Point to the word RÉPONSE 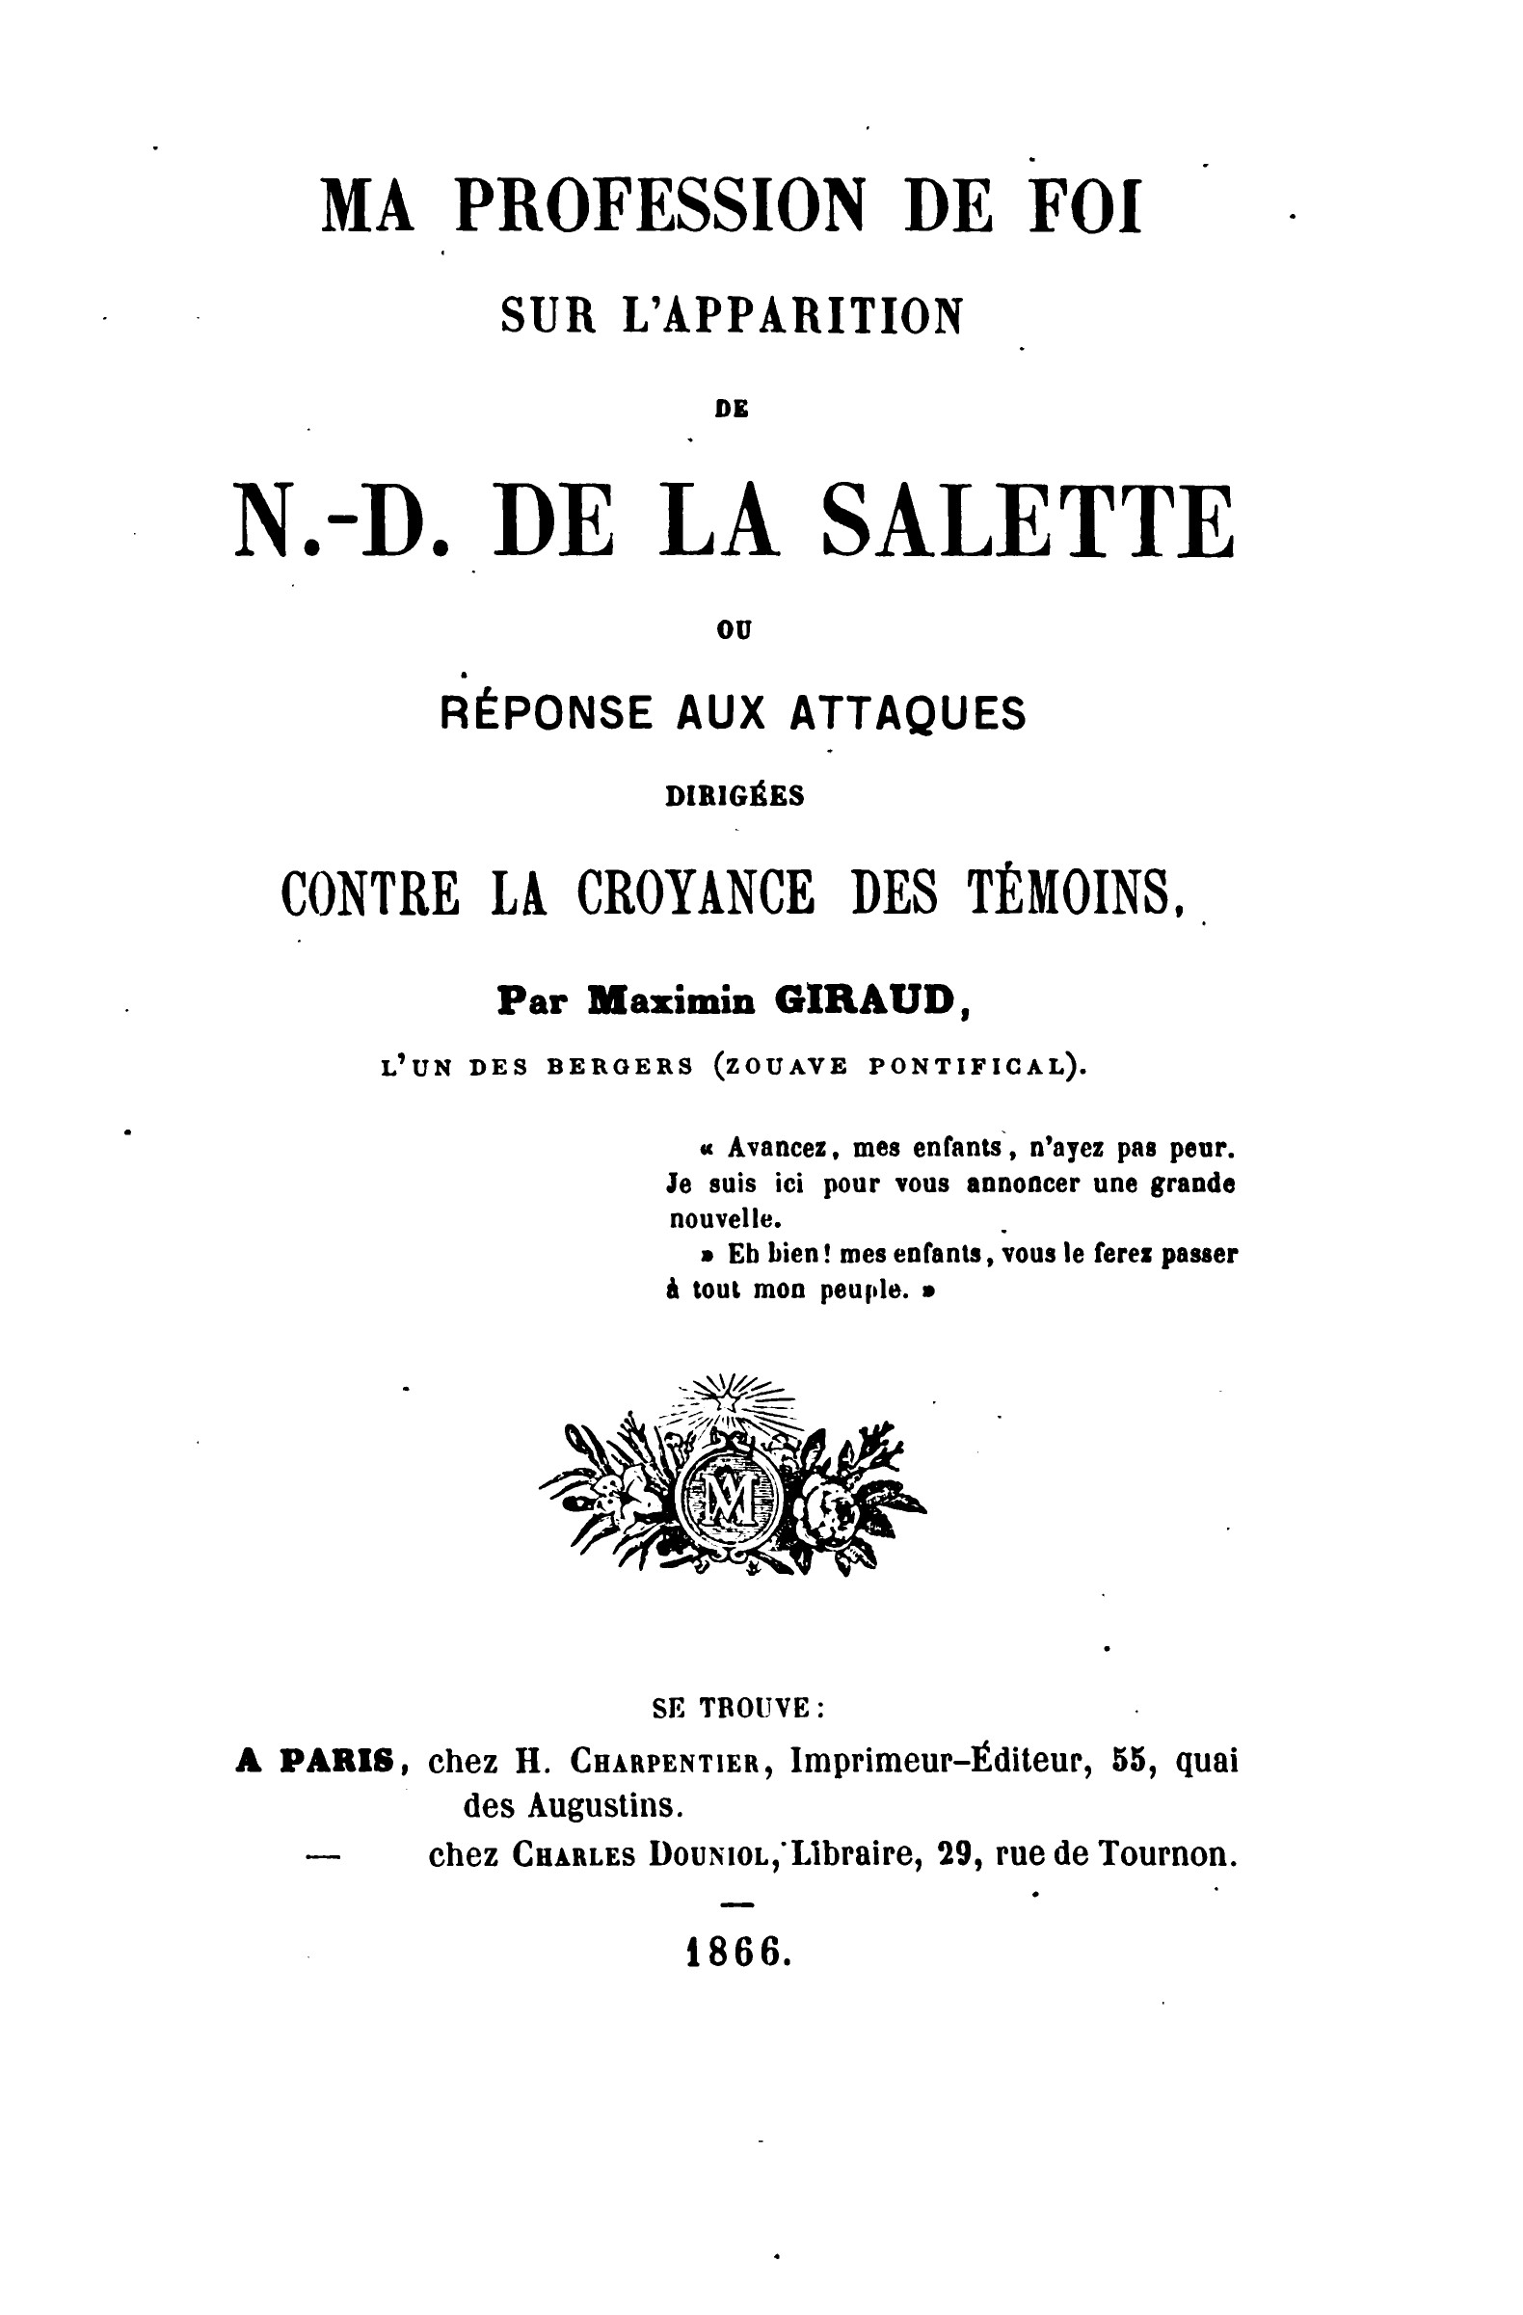[x=545, y=714]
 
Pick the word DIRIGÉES [x=735, y=796]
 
